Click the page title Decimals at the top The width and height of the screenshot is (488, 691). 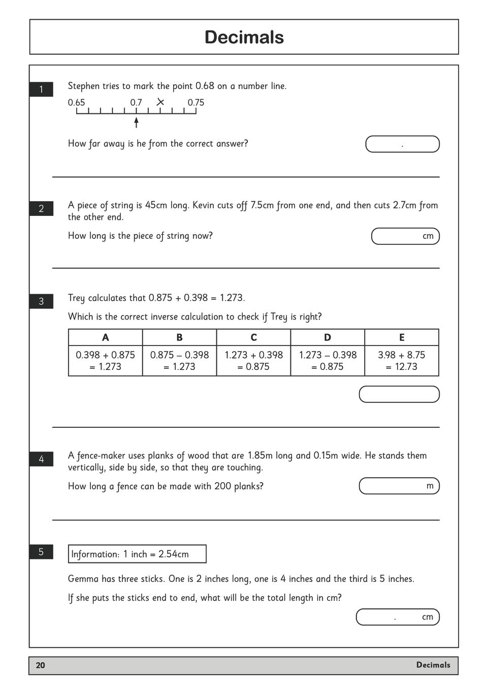pos(244,37)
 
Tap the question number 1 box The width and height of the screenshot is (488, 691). pos(41,89)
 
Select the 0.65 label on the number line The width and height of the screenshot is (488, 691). pos(77,103)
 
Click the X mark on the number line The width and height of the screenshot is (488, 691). pos(160,102)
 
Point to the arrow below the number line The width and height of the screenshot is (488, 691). pos(136,122)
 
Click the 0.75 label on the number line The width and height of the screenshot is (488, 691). pos(196,103)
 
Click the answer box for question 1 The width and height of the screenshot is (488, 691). pos(402,144)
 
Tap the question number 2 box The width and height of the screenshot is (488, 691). pos(41,208)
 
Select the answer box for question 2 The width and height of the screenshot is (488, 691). pos(405,236)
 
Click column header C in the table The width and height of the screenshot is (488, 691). pos(253,337)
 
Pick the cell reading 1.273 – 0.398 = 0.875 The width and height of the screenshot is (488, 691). pos(328,361)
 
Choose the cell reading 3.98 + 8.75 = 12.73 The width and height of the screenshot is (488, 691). pos(402,361)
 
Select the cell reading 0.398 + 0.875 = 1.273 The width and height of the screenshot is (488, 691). pos(106,361)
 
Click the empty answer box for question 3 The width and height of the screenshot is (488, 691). pos(399,394)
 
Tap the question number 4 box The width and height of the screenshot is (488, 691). pos(41,459)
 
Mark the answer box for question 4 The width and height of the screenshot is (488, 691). pos(399,486)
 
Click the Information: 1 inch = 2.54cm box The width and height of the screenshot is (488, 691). pos(137,554)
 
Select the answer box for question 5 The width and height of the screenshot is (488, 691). pos(397,617)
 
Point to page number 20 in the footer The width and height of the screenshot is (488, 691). pos(41,666)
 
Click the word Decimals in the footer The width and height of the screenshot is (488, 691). pos(433,665)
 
